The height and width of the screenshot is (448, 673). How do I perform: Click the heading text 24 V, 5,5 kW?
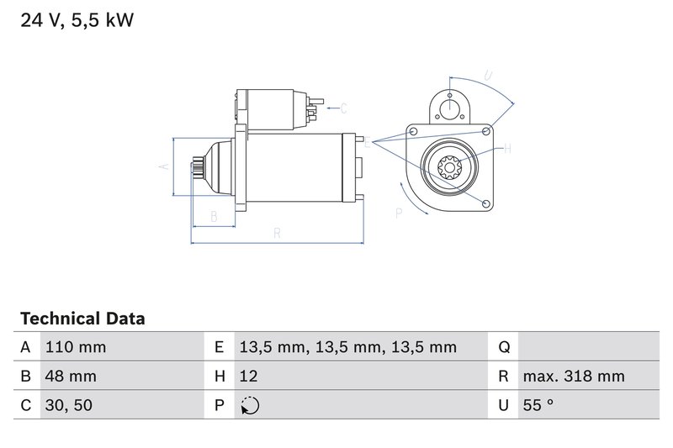tap(77, 21)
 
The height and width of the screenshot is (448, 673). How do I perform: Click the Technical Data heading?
tap(82, 319)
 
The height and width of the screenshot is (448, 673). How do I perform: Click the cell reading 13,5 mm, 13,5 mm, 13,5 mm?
tap(347, 347)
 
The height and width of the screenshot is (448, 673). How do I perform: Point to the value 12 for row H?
tap(249, 377)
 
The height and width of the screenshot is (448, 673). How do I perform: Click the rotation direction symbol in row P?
tap(250, 405)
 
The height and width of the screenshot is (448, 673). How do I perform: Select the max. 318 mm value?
tap(573, 377)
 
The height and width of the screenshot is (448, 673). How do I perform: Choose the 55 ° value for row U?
tap(538, 405)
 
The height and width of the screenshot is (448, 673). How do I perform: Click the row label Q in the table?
tap(504, 347)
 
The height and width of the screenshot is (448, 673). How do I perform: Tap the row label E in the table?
tap(220, 347)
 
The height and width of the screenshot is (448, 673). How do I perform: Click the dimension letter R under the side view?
tap(277, 234)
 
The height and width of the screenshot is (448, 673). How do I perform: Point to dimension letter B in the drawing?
tap(214, 217)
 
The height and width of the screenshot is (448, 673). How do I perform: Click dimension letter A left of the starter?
tap(163, 166)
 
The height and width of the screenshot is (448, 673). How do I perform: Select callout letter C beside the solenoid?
tap(343, 108)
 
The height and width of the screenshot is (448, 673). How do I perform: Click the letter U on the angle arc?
tap(489, 76)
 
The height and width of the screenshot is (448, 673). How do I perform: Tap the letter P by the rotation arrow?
tap(399, 213)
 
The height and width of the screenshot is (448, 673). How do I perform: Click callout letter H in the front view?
tap(507, 150)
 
